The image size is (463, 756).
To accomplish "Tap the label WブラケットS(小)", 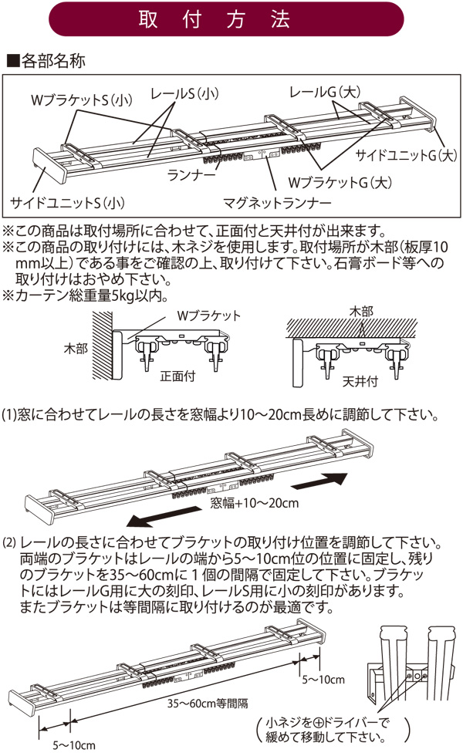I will click(82, 100).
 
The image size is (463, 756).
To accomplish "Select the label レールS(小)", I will click(184, 94).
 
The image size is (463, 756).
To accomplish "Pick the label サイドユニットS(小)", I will click(68, 203).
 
